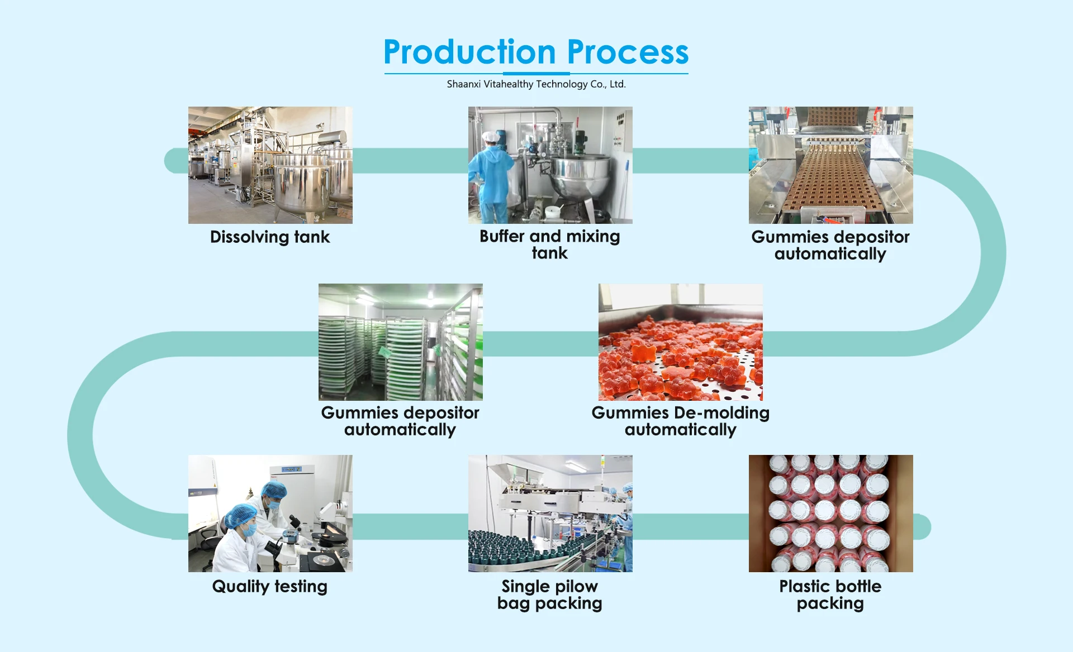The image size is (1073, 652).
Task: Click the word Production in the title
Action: (469, 52)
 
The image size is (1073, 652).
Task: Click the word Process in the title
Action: (628, 52)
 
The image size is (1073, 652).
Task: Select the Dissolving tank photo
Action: (270, 165)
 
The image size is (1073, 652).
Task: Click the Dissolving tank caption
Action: (270, 237)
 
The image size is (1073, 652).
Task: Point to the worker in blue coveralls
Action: (490, 176)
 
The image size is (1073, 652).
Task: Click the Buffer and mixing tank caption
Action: (550, 244)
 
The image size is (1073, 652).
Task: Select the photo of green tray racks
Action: (401, 342)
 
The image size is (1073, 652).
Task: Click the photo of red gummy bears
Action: (681, 342)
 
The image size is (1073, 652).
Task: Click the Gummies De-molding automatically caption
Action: (681, 421)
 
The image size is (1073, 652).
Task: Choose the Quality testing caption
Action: (270, 587)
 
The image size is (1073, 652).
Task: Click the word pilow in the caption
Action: (576, 587)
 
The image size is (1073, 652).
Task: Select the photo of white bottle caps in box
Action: (831, 514)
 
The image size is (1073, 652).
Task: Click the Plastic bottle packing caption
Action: (830, 595)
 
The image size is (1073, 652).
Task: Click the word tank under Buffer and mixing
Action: (550, 253)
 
